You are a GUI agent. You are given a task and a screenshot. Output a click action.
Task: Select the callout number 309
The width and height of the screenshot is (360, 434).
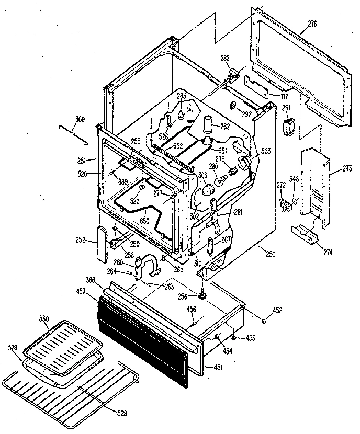point(80,119)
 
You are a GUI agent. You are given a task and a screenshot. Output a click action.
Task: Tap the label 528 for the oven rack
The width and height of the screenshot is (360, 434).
point(122,413)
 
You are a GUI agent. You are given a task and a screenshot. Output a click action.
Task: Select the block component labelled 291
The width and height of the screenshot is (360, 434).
point(287,127)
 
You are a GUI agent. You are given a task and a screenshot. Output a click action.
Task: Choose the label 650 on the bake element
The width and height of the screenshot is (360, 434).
point(144,221)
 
